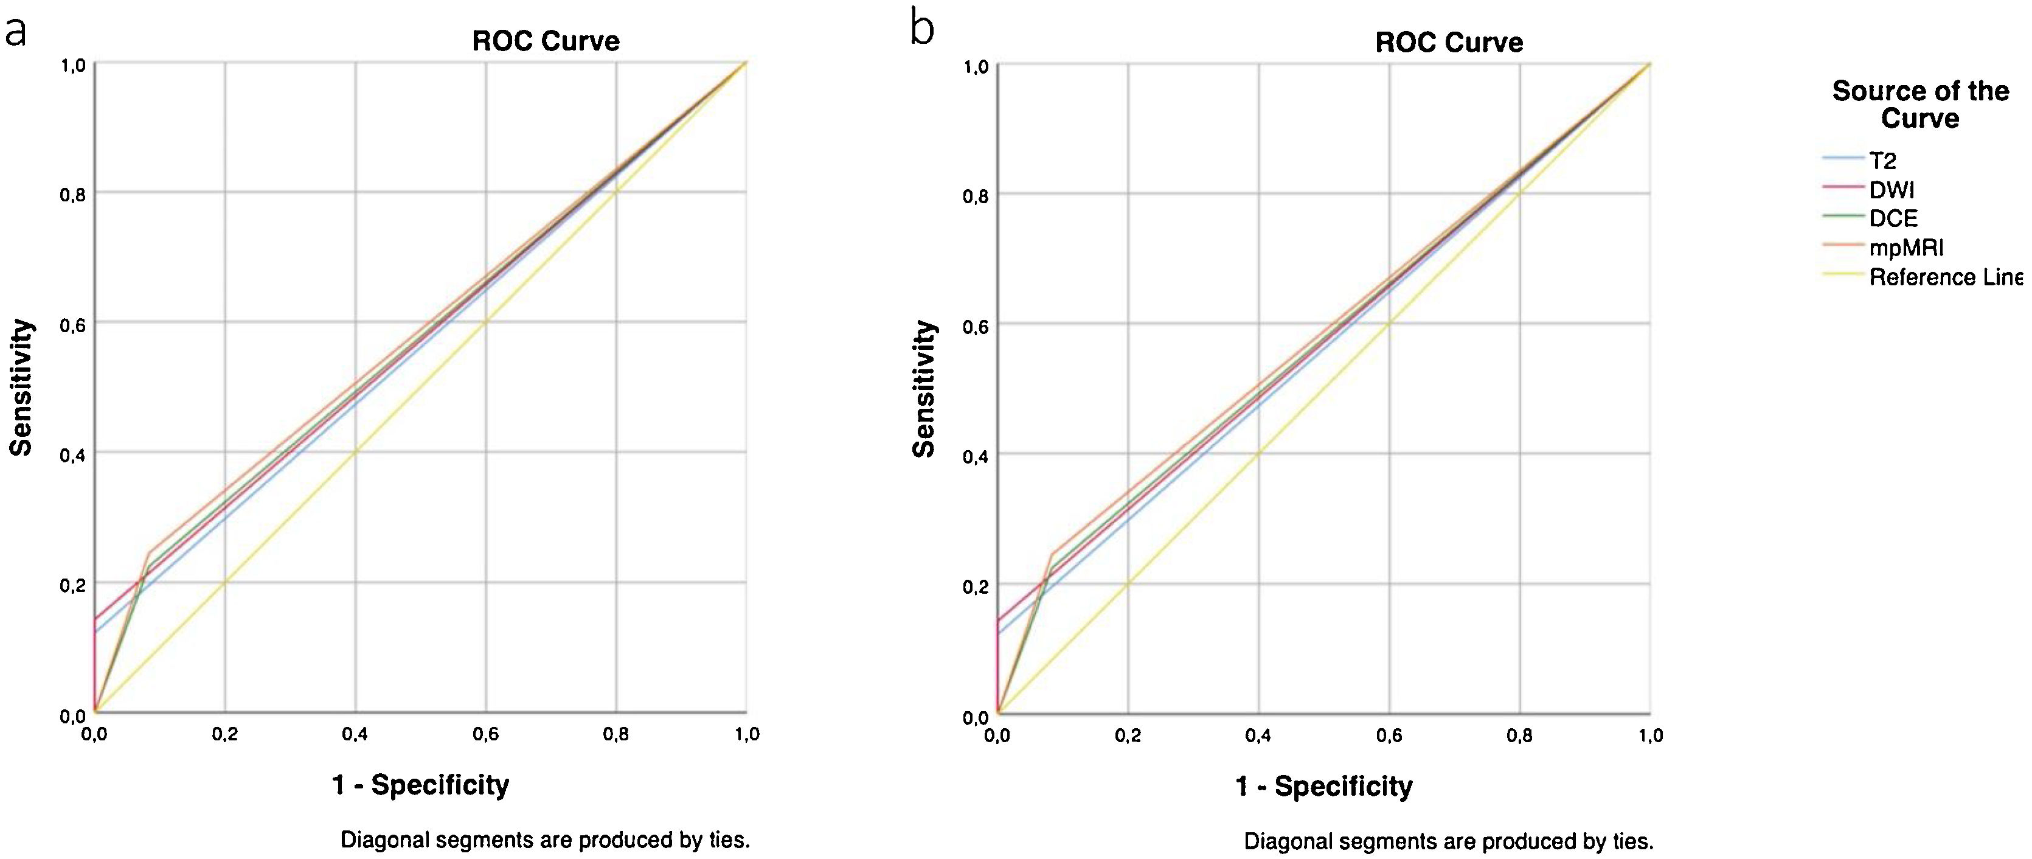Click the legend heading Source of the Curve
click(1920, 104)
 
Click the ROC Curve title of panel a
click(546, 41)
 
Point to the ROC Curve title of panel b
click(1449, 42)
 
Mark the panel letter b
click(922, 30)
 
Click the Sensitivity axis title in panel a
click(21, 388)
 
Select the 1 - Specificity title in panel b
click(1323, 787)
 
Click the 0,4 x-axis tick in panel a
click(356, 735)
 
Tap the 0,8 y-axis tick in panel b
click(976, 195)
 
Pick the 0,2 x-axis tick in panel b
click(1128, 736)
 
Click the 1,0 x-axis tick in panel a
click(747, 735)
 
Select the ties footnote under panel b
click(1448, 841)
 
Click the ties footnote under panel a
click(545, 840)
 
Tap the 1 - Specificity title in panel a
click(420, 785)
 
